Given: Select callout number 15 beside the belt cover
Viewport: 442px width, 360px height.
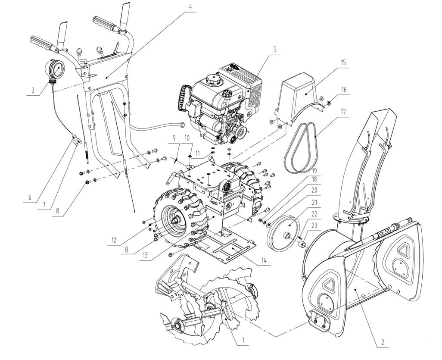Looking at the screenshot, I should coord(343,63).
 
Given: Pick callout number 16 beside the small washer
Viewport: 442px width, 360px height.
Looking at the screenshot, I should coord(344,90).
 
